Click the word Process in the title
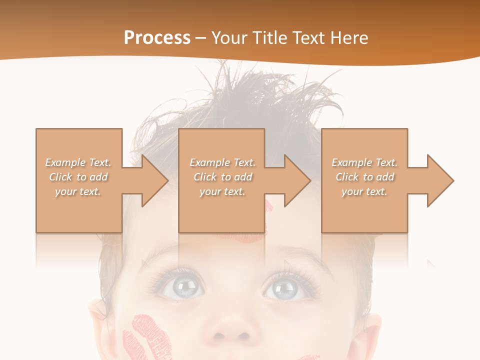tap(157, 38)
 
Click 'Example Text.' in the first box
tap(78, 162)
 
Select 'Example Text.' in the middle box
tap(222, 162)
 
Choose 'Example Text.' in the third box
tap(364, 162)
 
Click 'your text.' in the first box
tap(78, 191)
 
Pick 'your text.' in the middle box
tap(222, 191)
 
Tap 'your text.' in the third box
tap(364, 191)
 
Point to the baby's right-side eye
tap(285, 288)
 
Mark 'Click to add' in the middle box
tap(222, 177)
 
